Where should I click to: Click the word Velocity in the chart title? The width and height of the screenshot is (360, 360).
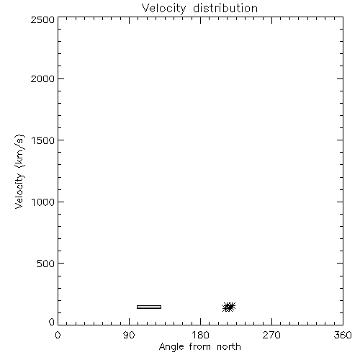163,9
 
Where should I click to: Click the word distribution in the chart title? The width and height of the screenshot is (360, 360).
225,8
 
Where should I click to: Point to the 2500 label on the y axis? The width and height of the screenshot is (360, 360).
42,20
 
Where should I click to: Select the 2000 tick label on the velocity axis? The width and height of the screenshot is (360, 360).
42,79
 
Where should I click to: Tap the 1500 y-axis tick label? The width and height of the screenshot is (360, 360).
43,140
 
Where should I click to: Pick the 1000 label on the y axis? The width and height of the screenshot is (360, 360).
43,202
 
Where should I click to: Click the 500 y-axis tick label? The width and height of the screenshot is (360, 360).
46,264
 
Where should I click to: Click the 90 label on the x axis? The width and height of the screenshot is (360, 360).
129,335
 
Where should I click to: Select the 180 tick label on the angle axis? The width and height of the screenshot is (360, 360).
200,335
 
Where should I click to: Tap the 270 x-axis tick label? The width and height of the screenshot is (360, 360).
271,335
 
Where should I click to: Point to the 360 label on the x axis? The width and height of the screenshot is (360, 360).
343,335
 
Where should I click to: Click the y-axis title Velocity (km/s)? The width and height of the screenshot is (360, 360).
19,171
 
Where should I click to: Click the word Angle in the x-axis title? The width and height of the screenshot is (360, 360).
171,347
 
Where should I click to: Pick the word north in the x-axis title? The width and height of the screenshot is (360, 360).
229,346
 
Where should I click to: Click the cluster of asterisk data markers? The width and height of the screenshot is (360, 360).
229,307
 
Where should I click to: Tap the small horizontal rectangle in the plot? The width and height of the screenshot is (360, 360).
149,307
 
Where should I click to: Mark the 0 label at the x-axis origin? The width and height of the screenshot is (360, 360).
58,335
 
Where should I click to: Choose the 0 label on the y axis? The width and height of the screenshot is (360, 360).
52,322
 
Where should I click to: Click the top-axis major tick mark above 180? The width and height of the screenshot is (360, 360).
200,20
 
